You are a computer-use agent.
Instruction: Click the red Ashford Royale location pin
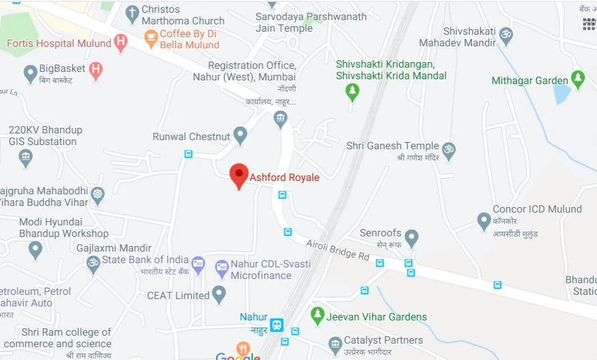238,175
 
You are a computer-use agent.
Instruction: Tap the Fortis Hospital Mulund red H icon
121,43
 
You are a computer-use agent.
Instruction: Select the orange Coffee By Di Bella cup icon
150,38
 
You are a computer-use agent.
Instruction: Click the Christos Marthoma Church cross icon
132,13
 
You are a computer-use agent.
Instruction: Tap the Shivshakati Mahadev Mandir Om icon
506,34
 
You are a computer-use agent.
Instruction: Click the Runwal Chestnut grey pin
241,135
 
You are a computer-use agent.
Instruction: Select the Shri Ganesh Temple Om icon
449,150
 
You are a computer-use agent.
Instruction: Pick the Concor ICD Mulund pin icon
484,221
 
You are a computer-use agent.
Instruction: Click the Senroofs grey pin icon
412,237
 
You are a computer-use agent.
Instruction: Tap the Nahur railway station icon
277,324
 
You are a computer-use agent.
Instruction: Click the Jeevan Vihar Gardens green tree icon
317,315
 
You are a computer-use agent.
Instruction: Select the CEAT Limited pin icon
219,295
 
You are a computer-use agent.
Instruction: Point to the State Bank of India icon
198,264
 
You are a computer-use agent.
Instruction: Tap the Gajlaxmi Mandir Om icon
93,263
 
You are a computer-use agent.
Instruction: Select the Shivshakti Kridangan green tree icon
351,92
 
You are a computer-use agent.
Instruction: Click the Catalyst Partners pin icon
334,345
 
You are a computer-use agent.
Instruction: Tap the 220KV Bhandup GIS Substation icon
25,158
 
